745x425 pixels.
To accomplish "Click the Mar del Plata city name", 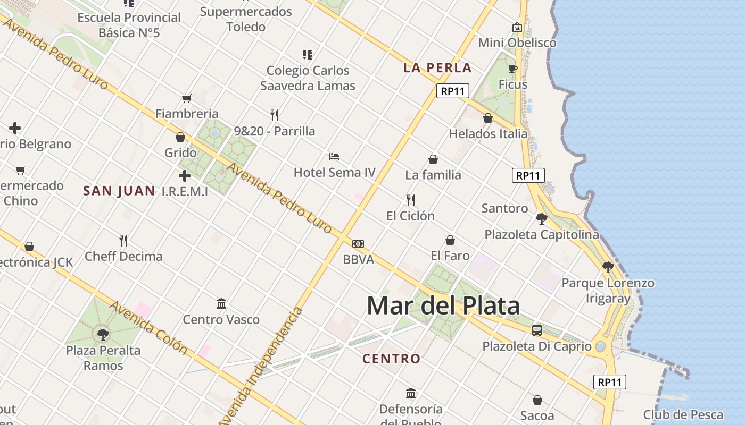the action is (x=443, y=305).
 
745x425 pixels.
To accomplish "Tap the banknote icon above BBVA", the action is (x=358, y=244).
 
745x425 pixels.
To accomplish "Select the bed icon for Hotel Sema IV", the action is (x=334, y=157).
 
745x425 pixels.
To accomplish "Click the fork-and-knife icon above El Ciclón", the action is (x=411, y=200).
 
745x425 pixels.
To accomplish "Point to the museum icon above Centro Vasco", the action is (x=221, y=304).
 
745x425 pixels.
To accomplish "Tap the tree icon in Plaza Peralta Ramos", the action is (x=103, y=334).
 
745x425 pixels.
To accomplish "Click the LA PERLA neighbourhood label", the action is (x=437, y=67).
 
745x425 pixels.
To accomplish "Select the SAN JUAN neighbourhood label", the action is (x=119, y=191).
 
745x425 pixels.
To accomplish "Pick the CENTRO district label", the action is (x=391, y=359).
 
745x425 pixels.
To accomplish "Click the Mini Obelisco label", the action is (x=517, y=42).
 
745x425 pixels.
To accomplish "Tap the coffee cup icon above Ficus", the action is (x=512, y=69).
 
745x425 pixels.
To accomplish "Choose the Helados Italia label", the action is (x=488, y=134).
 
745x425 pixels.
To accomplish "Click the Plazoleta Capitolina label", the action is (x=541, y=234).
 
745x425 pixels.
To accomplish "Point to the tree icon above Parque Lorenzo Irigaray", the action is (x=608, y=267).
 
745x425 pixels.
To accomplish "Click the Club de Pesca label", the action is (x=683, y=415).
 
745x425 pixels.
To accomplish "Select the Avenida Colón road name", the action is (x=148, y=328).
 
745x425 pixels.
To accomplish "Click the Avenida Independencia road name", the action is (x=261, y=367).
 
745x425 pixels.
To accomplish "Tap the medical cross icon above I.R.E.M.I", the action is (x=185, y=176).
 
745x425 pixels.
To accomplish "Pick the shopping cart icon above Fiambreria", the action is (x=187, y=98).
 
